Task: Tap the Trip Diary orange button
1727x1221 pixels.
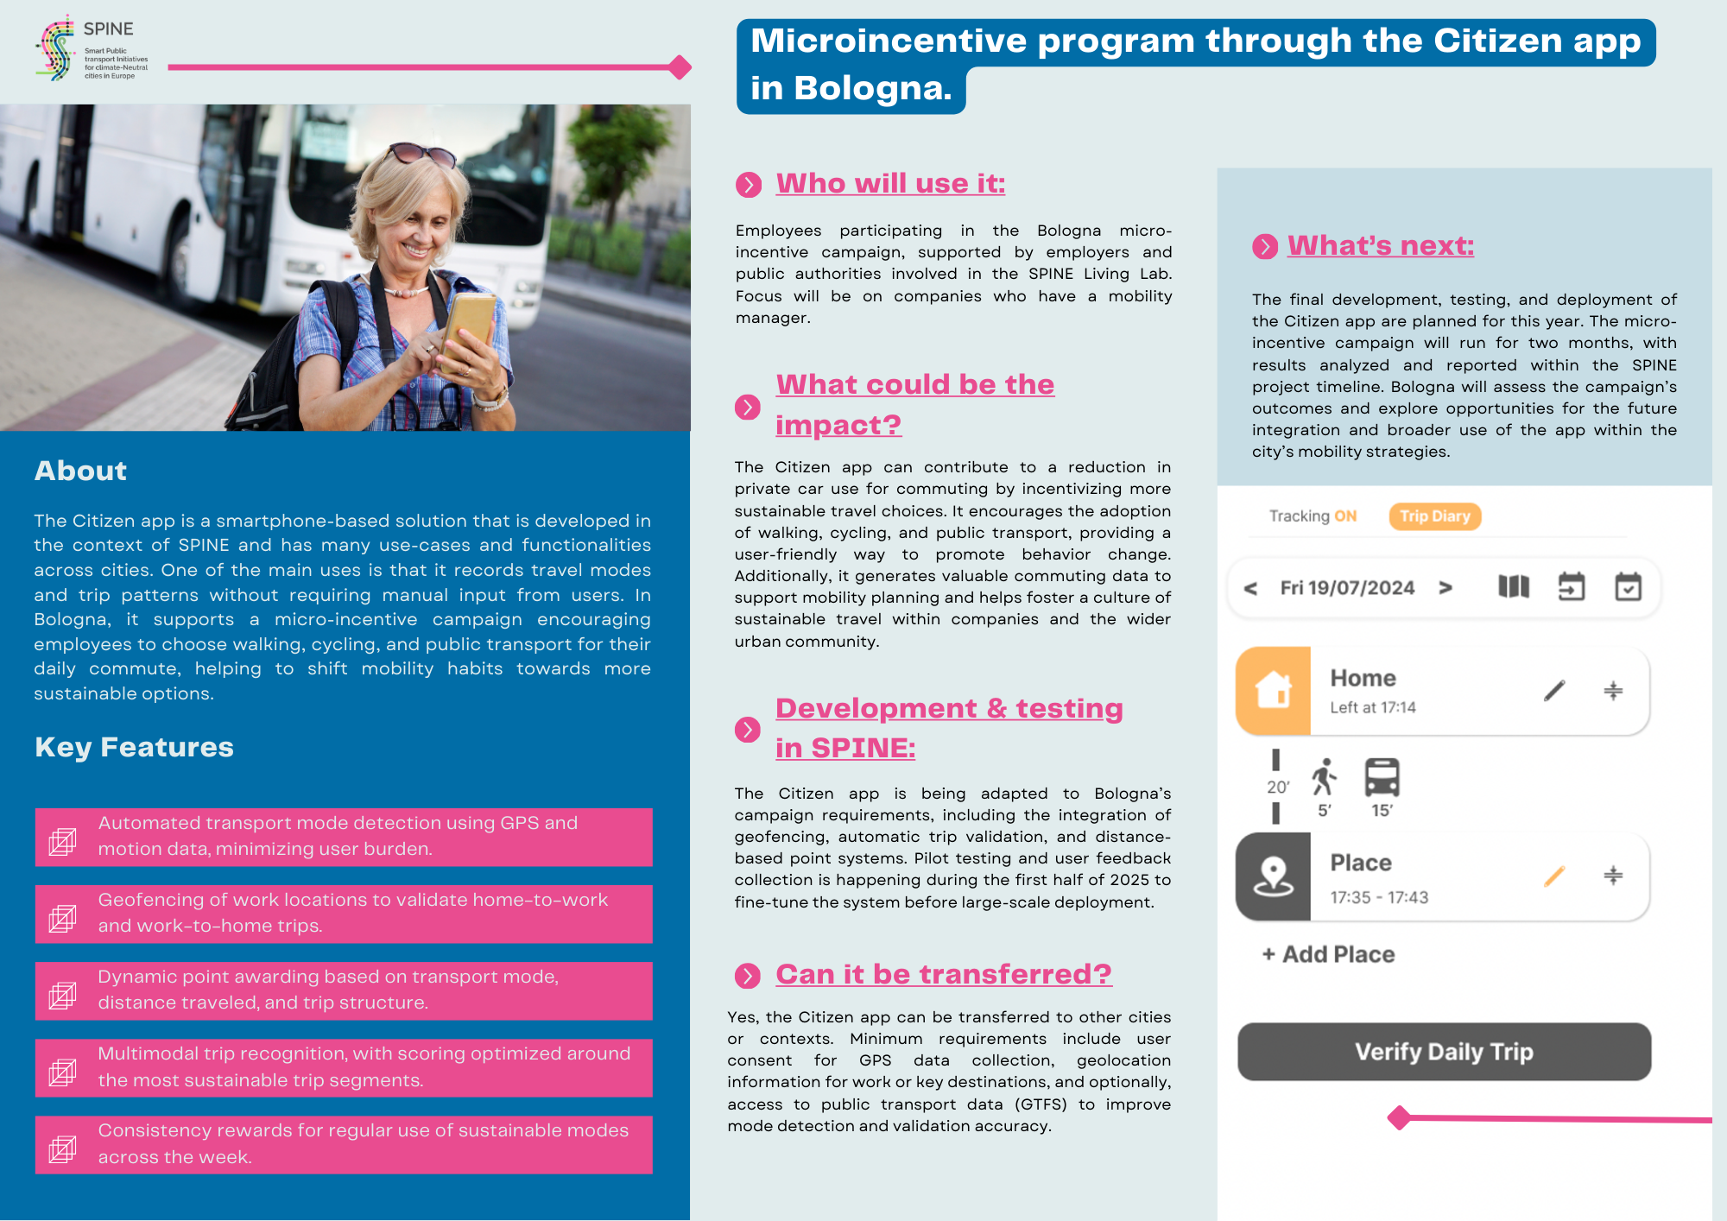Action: tap(1434, 516)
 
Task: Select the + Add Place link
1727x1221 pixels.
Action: tap(1328, 954)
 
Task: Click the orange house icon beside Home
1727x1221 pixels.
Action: tap(1274, 691)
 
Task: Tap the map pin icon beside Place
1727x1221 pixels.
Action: tap(1274, 876)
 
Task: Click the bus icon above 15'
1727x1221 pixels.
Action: tap(1382, 777)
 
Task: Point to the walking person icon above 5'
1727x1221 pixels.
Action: tap(1324, 777)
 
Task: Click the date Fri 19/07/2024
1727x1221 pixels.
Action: tap(1347, 588)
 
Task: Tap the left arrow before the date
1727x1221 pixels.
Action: tap(1250, 589)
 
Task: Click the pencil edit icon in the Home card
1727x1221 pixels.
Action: tap(1554, 691)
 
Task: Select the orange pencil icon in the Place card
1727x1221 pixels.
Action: tap(1554, 876)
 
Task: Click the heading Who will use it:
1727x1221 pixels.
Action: tap(890, 184)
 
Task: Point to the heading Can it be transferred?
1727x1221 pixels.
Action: tap(943, 974)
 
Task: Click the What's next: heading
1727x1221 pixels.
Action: tap(1380, 246)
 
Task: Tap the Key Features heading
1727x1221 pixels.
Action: tap(134, 747)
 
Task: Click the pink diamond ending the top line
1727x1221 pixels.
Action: tap(680, 66)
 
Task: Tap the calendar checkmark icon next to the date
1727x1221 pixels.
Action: tap(1628, 587)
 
